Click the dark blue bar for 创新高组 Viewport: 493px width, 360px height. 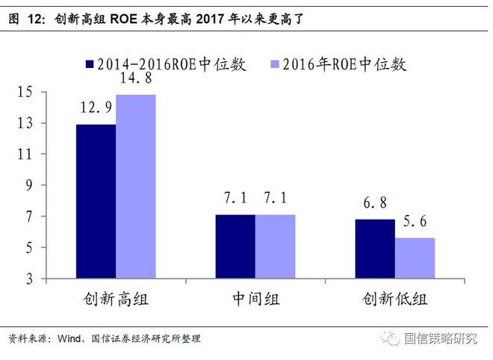[96, 201]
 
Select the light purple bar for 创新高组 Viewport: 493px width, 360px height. [136, 187]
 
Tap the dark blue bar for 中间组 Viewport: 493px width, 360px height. [235, 246]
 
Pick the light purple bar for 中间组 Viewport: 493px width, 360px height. [275, 246]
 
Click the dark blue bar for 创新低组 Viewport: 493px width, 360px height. [375, 249]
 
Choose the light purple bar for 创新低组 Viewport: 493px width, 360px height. [415, 258]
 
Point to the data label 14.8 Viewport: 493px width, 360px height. [136, 78]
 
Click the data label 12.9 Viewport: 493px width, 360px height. [96, 108]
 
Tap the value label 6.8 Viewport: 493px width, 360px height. [375, 203]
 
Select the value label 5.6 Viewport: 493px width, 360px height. [415, 221]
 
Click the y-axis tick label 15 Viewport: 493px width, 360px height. [25, 92]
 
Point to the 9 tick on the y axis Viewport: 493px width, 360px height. [29, 185]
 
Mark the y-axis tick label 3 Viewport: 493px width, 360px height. [29, 279]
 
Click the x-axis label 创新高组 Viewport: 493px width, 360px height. [116, 299]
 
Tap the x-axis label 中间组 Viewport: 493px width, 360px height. [255, 299]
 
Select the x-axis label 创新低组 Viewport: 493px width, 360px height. [395, 299]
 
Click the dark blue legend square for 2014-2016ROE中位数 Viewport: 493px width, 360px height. [90, 64]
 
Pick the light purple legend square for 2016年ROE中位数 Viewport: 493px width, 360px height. [275, 64]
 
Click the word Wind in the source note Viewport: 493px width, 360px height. [69, 338]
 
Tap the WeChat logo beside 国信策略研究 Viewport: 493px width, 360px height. [390, 338]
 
